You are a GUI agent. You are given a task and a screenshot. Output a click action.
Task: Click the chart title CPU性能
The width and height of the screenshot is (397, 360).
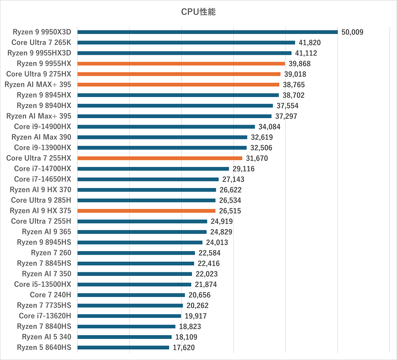[x=198, y=12]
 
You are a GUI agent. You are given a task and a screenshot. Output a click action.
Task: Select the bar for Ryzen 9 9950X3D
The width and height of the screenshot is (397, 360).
[x=207, y=32]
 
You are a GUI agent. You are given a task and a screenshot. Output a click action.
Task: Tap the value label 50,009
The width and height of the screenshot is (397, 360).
[x=352, y=32]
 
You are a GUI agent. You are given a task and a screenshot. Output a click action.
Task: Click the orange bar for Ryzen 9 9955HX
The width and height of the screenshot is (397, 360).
[x=181, y=63]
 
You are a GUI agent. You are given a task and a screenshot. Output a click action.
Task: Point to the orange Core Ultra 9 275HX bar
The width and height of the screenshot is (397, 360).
[x=179, y=74]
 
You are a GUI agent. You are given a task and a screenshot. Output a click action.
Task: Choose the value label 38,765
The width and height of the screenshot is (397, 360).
[x=294, y=85]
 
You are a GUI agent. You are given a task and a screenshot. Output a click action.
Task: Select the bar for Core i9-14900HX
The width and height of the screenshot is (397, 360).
[x=166, y=126]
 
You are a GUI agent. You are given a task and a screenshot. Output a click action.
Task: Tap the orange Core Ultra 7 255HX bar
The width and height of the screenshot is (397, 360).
[x=160, y=158]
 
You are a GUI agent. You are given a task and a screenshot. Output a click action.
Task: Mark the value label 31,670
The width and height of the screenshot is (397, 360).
[x=257, y=159]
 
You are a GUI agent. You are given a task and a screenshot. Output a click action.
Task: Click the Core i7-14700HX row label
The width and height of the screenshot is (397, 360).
[x=43, y=169]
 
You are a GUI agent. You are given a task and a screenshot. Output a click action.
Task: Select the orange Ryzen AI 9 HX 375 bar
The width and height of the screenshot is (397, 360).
[x=146, y=211]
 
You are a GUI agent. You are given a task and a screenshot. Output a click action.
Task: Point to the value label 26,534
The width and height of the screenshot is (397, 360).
[x=230, y=200]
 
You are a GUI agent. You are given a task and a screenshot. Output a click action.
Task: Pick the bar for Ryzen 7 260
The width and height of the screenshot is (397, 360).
[x=136, y=253]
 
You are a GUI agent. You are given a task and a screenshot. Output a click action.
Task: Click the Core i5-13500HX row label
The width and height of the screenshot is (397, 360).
[x=43, y=285]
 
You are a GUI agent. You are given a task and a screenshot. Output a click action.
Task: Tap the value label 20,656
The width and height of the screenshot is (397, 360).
[x=199, y=295]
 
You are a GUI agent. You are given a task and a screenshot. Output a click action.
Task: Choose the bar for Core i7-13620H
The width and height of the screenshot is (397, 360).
[x=129, y=316]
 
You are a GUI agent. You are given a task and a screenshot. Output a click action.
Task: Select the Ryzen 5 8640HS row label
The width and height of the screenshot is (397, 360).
[x=44, y=348]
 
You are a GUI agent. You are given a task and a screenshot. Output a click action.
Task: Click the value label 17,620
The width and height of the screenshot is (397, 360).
[x=184, y=348]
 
